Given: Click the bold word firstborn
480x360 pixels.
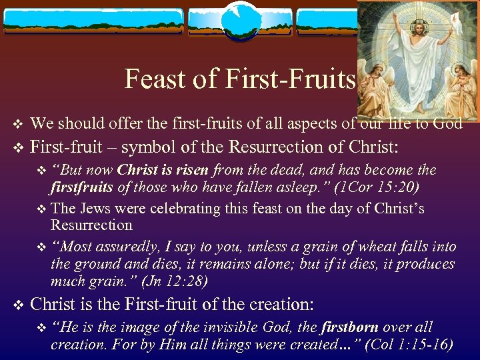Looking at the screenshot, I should pyautogui.click(x=349, y=327).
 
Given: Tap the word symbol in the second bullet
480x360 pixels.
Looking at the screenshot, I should pyautogui.click(x=149, y=147).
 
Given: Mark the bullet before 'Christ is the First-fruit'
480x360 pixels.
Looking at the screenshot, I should pyautogui.click(x=18, y=305).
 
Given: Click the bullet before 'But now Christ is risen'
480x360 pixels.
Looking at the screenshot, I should pyautogui.click(x=43, y=171).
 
